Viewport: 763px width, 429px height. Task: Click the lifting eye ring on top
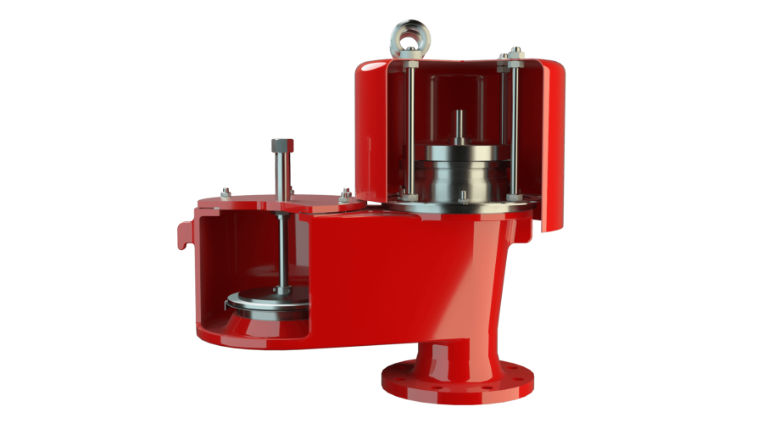coord(410,35)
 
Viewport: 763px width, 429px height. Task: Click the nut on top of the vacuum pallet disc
coord(282,291)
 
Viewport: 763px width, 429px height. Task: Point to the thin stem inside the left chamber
coord(281,246)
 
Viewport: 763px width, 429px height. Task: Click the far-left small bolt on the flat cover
coord(226,191)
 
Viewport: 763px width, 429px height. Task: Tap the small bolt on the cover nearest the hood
coord(344,194)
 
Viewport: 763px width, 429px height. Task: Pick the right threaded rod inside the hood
coord(514,127)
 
